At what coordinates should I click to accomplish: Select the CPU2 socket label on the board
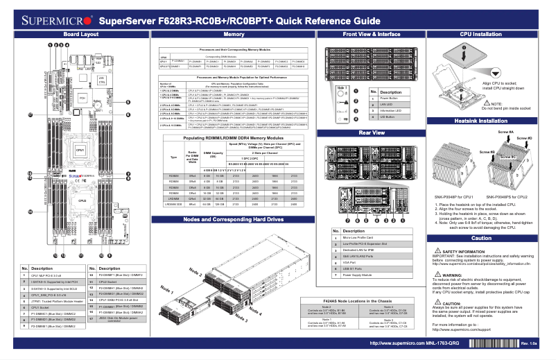tap(80, 202)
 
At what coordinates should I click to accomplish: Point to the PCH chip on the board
tap(81, 99)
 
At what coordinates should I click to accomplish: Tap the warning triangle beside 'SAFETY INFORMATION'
tap(437, 250)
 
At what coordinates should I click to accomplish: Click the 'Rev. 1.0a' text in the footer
tap(530, 343)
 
